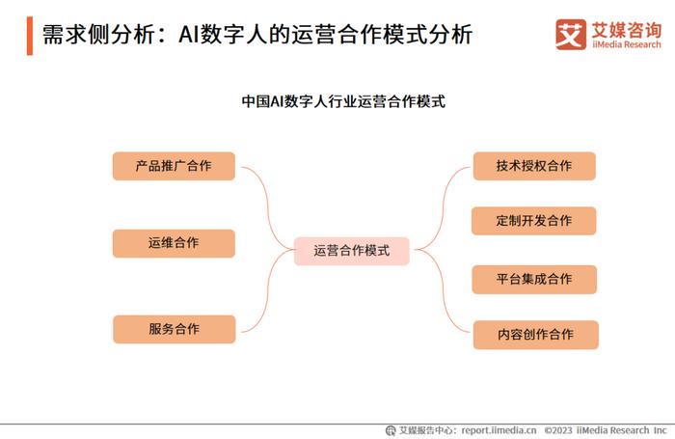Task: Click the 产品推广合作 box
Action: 174,166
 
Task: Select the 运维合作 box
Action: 174,243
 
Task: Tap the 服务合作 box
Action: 175,329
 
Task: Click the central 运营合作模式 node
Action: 352,251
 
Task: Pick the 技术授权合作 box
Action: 534,166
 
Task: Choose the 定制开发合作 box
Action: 534,221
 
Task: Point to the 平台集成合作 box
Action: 534,280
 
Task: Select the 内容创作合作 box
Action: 535,335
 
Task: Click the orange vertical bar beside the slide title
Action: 30,36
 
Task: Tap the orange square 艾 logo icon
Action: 571,35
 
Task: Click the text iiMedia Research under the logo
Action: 627,44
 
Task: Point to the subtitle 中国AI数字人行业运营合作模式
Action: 343,101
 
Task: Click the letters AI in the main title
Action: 189,35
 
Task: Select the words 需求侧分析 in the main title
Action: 98,35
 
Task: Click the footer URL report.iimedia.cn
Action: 499,430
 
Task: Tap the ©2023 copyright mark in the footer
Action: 558,430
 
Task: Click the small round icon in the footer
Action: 391,430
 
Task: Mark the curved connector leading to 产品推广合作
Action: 269,203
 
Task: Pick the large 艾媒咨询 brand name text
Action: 627,29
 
